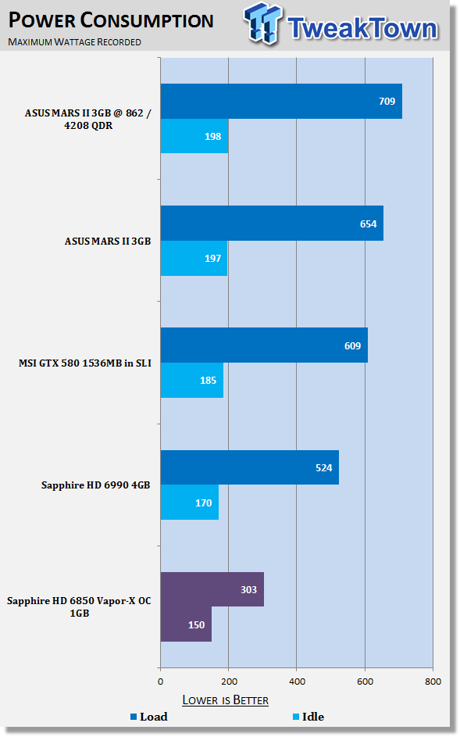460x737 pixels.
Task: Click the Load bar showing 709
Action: pos(281,101)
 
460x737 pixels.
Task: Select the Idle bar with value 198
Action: pos(194,136)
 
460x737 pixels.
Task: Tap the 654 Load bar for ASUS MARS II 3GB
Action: pos(272,224)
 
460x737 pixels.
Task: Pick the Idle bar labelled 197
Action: pos(194,258)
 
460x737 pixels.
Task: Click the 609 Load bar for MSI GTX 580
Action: pos(264,345)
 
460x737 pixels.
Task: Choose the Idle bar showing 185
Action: pos(192,380)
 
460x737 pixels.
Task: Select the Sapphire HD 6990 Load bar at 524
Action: pos(250,467)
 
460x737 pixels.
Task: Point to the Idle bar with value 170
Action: pos(190,502)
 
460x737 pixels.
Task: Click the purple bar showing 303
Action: pos(212,589)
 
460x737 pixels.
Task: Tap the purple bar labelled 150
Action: pos(186,624)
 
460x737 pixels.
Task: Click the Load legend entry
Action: pos(149,717)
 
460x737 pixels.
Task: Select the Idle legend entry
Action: pos(308,717)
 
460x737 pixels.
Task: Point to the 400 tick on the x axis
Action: pos(297,682)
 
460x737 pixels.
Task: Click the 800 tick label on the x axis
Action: pos(433,682)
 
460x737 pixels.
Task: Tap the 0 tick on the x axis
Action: pos(161,682)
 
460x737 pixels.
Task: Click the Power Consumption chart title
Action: pos(111,20)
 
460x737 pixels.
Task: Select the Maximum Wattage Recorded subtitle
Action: pos(74,42)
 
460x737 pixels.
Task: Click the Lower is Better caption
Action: pos(226,699)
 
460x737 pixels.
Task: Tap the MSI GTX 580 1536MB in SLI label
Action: pos(85,363)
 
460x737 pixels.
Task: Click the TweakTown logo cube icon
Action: pos(263,23)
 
